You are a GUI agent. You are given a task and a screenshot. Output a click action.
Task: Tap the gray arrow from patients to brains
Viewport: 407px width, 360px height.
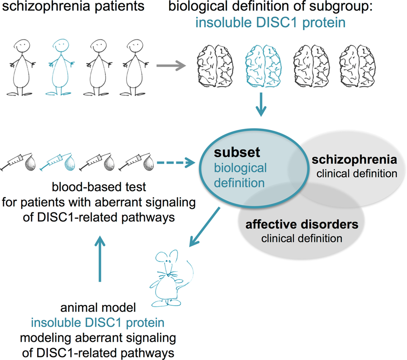point(170,66)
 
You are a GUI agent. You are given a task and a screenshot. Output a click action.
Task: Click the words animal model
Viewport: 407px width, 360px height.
point(97,309)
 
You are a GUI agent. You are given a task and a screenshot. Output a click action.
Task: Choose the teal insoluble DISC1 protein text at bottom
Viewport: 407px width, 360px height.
point(97,323)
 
